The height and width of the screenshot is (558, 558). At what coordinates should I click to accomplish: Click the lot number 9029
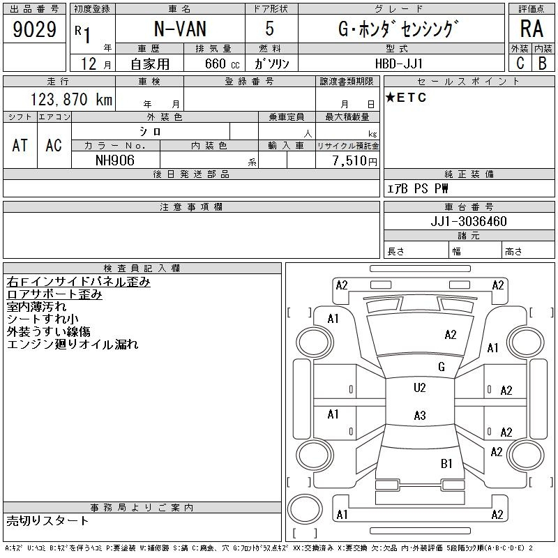click(34, 29)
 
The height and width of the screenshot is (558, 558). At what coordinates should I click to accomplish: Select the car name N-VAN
click(180, 29)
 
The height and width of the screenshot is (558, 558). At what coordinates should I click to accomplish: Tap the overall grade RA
click(531, 29)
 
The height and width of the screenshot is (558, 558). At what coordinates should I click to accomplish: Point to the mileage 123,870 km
click(71, 99)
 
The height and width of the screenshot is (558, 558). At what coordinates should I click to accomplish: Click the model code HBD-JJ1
click(399, 63)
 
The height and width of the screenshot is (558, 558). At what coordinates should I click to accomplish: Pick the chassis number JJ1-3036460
click(469, 221)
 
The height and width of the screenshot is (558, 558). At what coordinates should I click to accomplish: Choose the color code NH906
click(115, 160)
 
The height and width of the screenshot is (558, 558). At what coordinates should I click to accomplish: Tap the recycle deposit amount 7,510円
click(355, 161)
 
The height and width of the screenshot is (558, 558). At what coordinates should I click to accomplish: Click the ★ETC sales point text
click(406, 97)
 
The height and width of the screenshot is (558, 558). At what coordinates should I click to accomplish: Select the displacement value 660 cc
click(222, 63)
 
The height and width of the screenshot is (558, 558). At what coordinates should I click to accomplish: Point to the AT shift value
click(20, 145)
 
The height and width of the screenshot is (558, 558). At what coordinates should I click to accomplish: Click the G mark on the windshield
click(442, 367)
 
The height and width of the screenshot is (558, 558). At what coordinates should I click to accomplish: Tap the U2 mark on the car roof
click(420, 388)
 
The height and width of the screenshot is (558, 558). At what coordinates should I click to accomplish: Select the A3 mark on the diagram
click(420, 415)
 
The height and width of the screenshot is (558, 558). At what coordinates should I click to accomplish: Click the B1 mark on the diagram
click(446, 464)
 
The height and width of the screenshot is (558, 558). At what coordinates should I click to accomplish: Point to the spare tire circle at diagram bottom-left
click(305, 509)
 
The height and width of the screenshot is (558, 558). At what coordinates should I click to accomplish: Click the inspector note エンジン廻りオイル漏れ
click(73, 345)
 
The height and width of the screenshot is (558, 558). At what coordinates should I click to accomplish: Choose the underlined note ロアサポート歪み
click(54, 294)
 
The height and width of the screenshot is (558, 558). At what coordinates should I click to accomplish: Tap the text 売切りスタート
click(47, 521)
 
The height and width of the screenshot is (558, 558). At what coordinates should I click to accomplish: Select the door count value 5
click(270, 29)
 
